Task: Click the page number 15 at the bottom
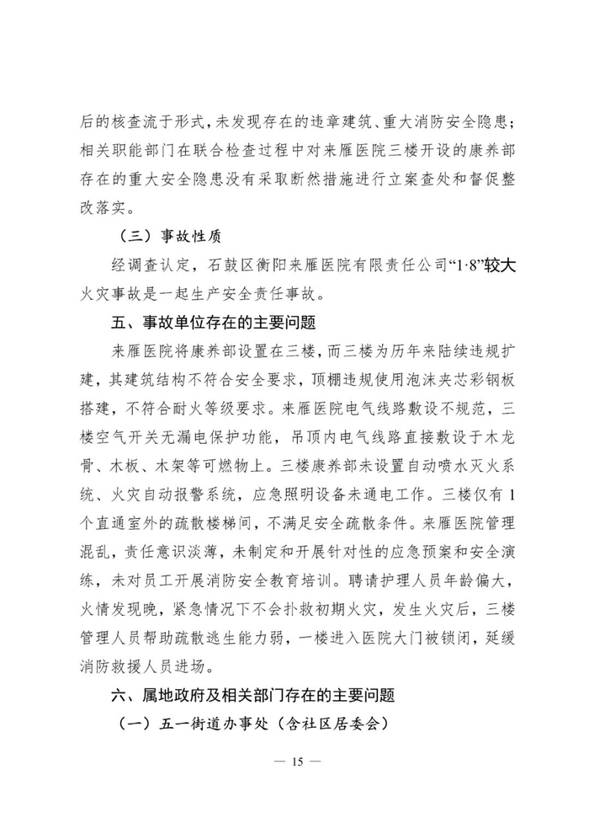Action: coord(294,762)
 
